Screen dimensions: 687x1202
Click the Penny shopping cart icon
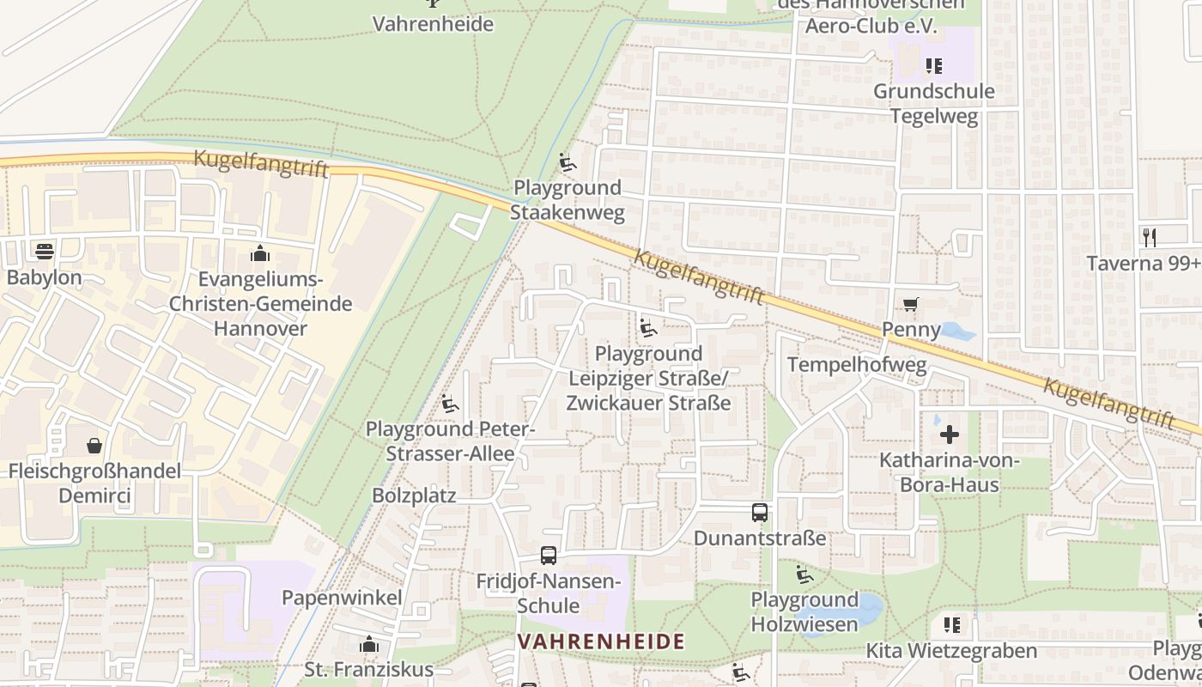pyautogui.click(x=911, y=304)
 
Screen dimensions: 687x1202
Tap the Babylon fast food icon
pyautogui.click(x=44, y=251)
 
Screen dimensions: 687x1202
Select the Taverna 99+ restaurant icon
pyautogui.click(x=1150, y=237)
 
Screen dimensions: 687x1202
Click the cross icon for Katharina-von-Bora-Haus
pyautogui.click(x=949, y=435)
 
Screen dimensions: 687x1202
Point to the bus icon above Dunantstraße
pyautogui.click(x=760, y=513)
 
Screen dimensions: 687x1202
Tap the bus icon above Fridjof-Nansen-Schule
pyautogui.click(x=549, y=556)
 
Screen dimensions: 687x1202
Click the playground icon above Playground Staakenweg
pyautogui.click(x=567, y=162)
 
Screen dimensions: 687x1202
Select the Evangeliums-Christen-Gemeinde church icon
pyautogui.click(x=260, y=253)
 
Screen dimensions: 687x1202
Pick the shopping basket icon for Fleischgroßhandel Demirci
pyautogui.click(x=94, y=446)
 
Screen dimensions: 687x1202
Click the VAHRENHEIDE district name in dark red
pyautogui.click(x=601, y=641)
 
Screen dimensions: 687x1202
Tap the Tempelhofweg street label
pyautogui.click(x=857, y=365)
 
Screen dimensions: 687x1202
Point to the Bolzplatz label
pyautogui.click(x=414, y=495)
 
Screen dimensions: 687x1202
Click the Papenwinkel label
pyautogui.click(x=342, y=597)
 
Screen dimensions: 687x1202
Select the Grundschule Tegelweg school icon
pyautogui.click(x=933, y=66)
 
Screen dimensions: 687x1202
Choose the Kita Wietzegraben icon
pyautogui.click(x=951, y=625)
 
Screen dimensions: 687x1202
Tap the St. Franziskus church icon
pyautogui.click(x=369, y=644)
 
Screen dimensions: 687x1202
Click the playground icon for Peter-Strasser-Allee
pyautogui.click(x=450, y=403)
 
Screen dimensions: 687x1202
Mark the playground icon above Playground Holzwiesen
pyautogui.click(x=804, y=575)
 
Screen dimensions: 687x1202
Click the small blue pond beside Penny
pyautogui.click(x=956, y=331)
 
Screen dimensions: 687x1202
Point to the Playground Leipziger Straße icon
pyautogui.click(x=648, y=328)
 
